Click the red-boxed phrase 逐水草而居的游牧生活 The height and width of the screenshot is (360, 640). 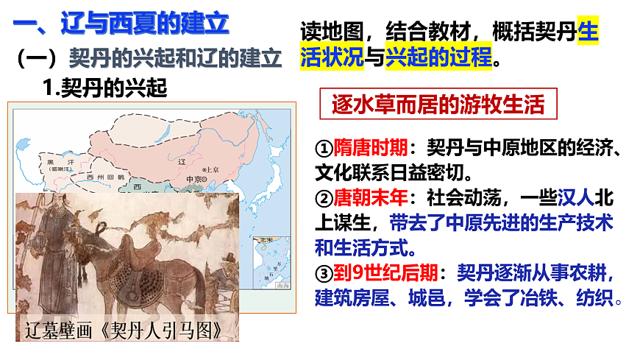point(438,106)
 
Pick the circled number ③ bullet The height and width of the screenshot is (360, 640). point(324,274)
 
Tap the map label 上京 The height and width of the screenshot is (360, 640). point(212,167)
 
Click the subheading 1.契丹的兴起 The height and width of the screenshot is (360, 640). point(105,88)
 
